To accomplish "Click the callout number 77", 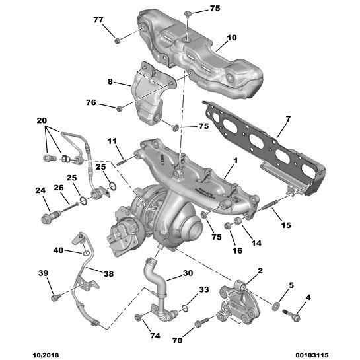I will (x=98, y=20).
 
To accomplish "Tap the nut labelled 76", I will (x=119, y=108).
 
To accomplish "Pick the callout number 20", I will (x=42, y=122).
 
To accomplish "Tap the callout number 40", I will (x=57, y=250).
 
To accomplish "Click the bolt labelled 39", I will (x=55, y=297).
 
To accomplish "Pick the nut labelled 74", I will (x=139, y=320).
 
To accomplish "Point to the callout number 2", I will (x=260, y=271).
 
